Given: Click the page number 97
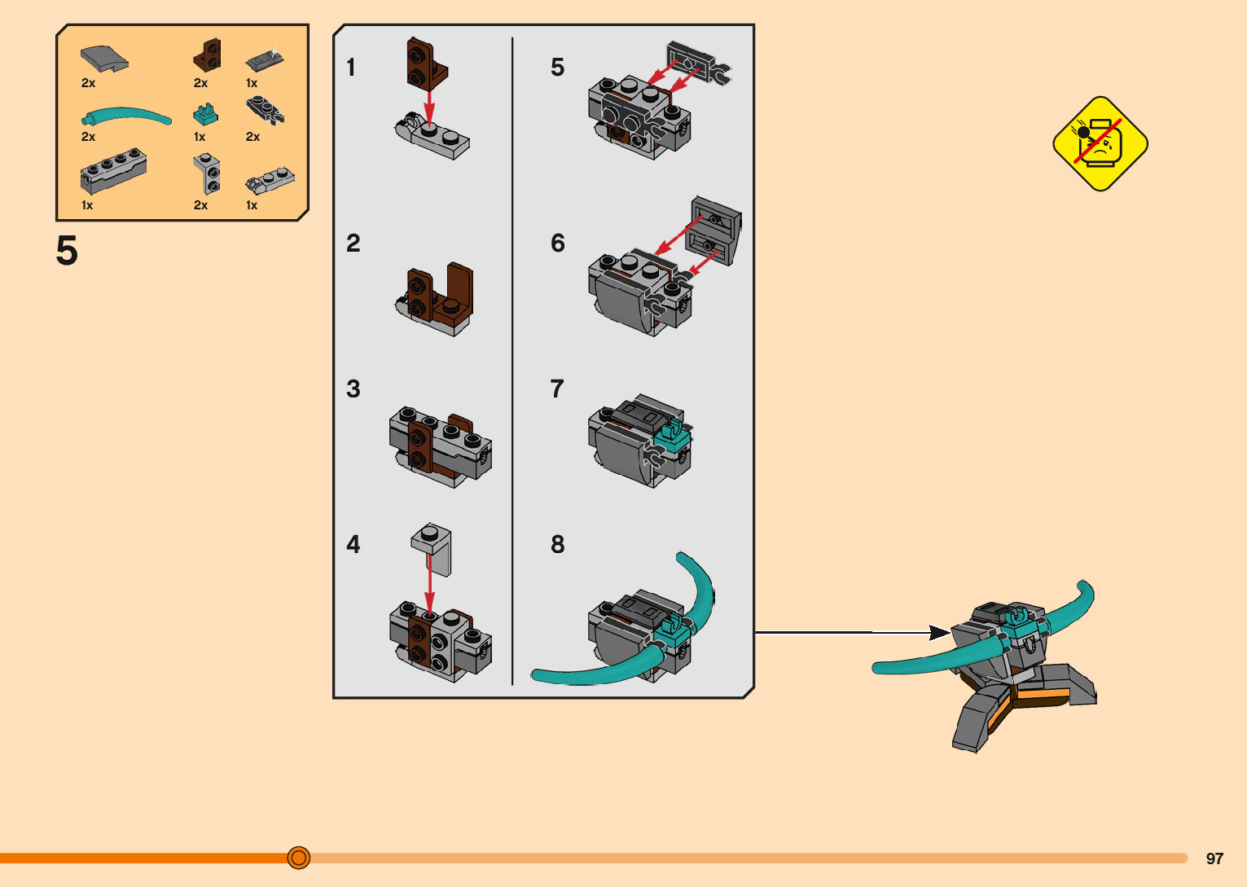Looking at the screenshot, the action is coord(1214,858).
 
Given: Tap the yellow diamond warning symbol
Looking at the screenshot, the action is coord(1100,144).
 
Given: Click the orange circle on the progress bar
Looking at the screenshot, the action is coord(299,858).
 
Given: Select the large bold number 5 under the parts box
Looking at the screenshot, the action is coord(67,251).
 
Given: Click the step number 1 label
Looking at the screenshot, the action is coord(351,67).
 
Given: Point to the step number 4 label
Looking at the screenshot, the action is coord(353,544).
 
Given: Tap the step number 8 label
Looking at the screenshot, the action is coord(557,544).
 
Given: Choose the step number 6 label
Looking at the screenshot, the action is coord(557,243).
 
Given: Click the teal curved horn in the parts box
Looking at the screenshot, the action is coord(126,116).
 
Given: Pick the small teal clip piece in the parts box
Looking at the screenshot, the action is coord(206,113).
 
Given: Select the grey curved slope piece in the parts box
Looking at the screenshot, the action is coord(103,58).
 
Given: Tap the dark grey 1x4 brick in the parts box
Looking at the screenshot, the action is coord(113,170).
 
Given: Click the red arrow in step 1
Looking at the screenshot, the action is coord(429,104).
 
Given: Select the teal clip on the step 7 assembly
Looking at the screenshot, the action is coord(672,438).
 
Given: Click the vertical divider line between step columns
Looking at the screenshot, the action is coord(512,358).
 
